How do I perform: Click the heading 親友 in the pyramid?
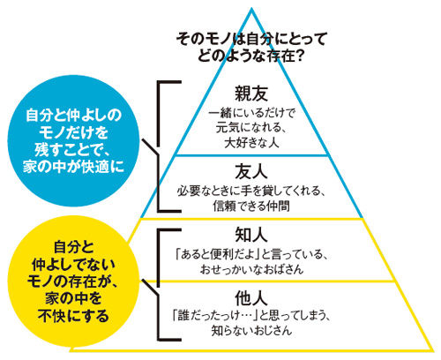(x=251, y=94)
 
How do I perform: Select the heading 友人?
(x=251, y=171)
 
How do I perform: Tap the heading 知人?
(x=251, y=235)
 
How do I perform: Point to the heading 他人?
(x=251, y=298)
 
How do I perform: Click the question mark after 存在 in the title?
(x=299, y=56)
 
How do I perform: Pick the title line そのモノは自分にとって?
(x=251, y=39)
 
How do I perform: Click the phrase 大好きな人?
(x=251, y=143)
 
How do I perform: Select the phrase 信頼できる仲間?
(x=251, y=206)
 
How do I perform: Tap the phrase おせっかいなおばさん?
(x=251, y=269)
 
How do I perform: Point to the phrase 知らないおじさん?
(x=251, y=331)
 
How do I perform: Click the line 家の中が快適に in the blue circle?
(x=73, y=167)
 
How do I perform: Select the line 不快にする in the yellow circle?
(x=73, y=316)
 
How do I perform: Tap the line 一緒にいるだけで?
(x=251, y=113)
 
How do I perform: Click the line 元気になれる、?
(x=251, y=128)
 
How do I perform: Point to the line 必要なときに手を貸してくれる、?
(x=251, y=191)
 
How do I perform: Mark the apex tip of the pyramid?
(x=251, y=8)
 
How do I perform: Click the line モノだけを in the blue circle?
(x=73, y=132)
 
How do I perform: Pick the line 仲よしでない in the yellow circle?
(x=73, y=264)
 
